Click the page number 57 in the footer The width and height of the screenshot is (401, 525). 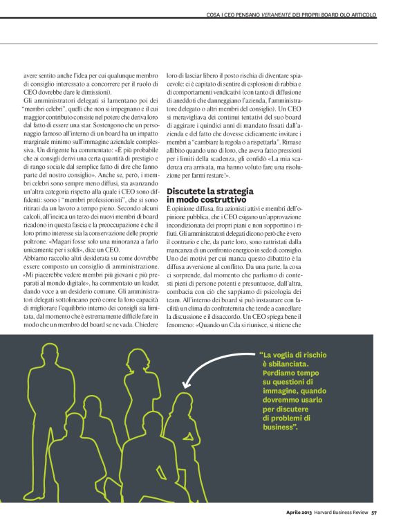pos(374,513)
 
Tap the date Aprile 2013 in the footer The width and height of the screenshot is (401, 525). pos(302,513)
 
